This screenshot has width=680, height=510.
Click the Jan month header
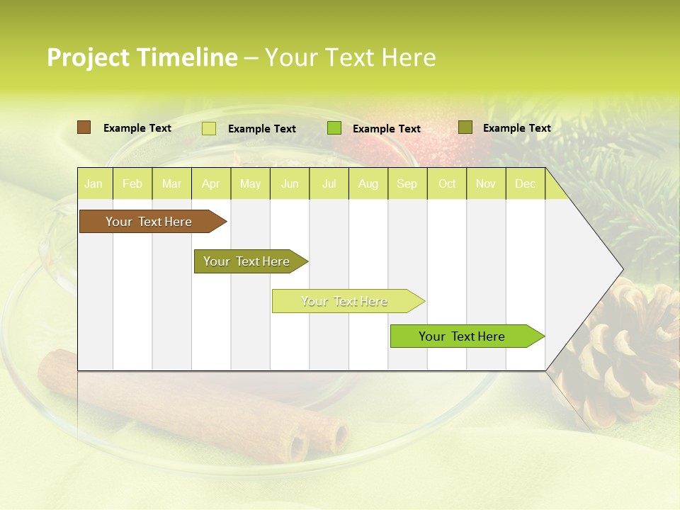[93, 184]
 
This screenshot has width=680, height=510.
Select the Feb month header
[132, 184]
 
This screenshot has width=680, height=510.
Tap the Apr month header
[210, 184]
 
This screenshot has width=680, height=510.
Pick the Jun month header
[290, 184]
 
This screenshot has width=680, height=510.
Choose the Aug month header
[368, 184]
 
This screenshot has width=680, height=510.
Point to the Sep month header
[407, 184]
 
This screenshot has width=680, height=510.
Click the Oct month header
[447, 184]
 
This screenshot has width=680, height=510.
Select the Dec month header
[525, 184]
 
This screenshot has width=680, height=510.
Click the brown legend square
[84, 127]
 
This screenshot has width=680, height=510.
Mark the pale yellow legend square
[209, 128]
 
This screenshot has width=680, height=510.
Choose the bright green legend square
[334, 128]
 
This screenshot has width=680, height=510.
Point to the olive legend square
[465, 127]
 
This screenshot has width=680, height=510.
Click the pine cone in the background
[623, 354]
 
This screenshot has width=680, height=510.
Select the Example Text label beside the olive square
[516, 128]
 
